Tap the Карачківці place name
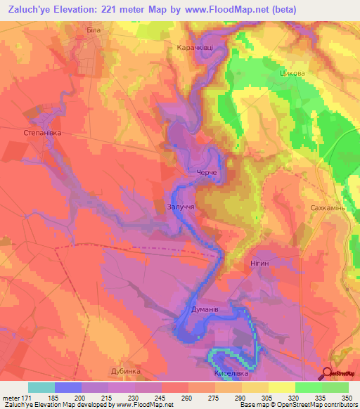[x=190, y=48]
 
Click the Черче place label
[x=206, y=174]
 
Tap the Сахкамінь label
[x=327, y=209]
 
